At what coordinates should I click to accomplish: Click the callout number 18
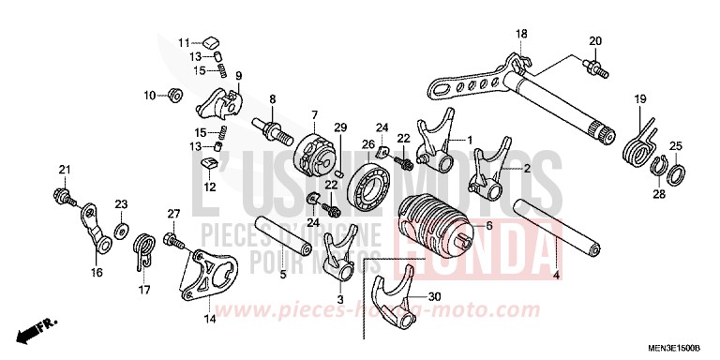click(x=521, y=35)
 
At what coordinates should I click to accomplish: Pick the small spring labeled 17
click(x=143, y=250)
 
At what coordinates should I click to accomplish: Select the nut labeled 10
click(x=172, y=94)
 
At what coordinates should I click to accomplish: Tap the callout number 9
click(x=238, y=76)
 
